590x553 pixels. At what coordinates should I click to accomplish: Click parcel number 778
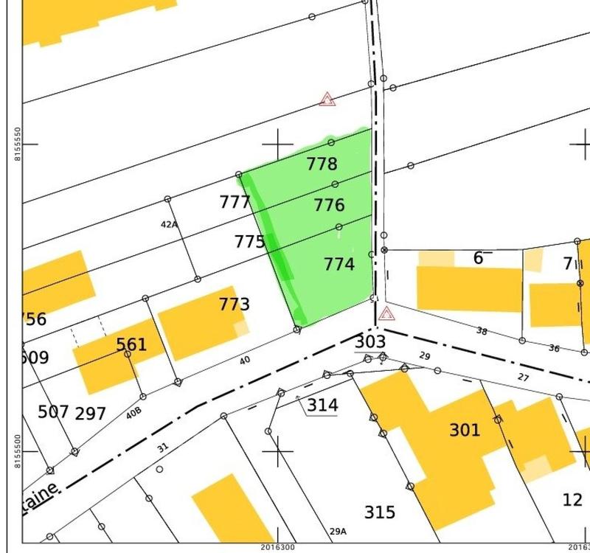coord(322,164)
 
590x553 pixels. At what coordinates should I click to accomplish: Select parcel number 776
coord(329,205)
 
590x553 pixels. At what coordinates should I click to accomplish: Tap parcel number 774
coord(339,264)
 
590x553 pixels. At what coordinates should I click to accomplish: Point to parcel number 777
coord(235,202)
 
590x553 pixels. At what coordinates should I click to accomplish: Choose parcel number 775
coord(249,242)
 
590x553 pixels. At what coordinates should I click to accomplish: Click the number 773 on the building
coord(234,305)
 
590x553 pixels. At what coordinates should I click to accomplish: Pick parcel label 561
coord(131,344)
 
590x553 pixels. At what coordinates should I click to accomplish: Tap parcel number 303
coord(370,341)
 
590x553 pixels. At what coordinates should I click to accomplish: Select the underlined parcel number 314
coord(322,405)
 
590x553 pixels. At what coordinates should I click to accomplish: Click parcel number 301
coord(465,430)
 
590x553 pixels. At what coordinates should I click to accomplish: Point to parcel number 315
coord(380,512)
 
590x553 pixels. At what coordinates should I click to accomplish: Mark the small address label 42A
coord(169,224)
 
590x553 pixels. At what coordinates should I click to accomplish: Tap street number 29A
coord(338,531)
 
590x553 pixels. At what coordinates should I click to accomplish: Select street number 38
coord(482,331)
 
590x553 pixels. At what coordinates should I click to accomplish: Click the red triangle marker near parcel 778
coord(327,99)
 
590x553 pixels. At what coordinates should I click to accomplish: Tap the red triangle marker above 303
coord(386,314)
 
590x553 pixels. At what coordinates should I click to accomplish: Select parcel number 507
coord(53,411)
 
